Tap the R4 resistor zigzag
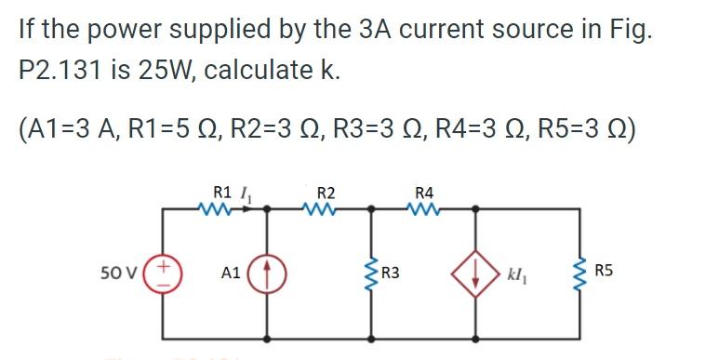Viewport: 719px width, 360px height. coord(424,208)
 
